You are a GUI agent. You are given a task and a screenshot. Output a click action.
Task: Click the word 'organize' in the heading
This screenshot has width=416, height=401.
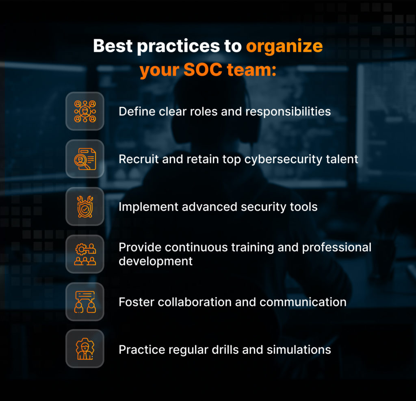tap(284, 46)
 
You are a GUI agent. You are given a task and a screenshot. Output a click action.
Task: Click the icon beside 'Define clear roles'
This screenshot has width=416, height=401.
tap(85, 111)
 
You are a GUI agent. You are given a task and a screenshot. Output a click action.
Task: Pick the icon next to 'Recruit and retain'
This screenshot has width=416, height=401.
tap(85, 159)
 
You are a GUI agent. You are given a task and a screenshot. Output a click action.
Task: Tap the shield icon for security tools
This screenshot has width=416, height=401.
tap(85, 207)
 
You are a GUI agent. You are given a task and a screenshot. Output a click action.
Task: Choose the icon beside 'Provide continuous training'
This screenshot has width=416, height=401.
tap(85, 254)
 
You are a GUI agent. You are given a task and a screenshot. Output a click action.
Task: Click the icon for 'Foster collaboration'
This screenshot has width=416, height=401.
tap(85, 302)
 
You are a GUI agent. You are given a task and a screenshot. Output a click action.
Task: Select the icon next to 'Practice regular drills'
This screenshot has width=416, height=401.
tap(85, 349)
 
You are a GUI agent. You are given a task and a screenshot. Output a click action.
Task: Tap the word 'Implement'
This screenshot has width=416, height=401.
tap(149, 207)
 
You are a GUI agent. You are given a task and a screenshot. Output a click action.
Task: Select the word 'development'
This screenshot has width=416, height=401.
tap(156, 261)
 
